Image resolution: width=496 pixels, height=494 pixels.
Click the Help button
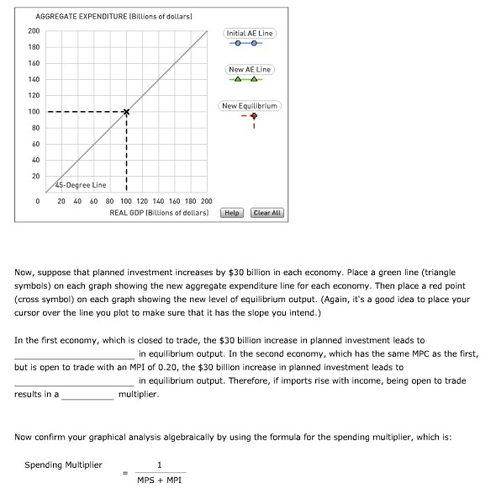click(x=232, y=213)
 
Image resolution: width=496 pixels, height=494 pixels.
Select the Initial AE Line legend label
click(x=250, y=33)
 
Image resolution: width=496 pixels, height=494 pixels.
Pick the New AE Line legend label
click(x=250, y=69)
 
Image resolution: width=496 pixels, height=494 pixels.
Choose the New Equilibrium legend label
click(x=250, y=106)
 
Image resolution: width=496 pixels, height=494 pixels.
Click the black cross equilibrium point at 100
click(x=126, y=112)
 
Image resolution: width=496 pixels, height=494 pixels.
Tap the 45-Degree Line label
click(x=81, y=185)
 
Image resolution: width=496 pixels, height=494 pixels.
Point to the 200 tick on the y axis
click(x=34, y=31)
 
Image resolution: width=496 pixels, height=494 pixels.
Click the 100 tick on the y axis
click(x=34, y=112)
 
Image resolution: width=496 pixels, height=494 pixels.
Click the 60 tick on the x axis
click(x=94, y=202)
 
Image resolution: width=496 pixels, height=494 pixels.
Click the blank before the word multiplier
click(x=87, y=394)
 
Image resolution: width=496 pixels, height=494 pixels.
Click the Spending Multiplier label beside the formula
click(x=63, y=465)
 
